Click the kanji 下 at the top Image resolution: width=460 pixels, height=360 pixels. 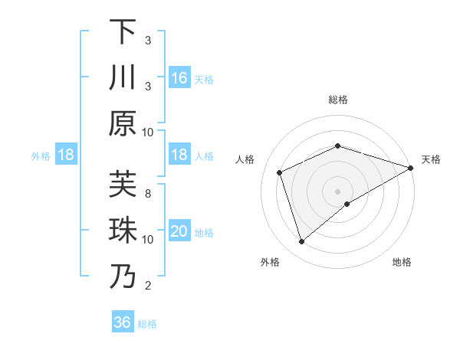click(123, 32)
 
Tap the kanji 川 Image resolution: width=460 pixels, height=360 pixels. click(123, 77)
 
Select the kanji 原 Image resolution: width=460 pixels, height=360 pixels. click(123, 123)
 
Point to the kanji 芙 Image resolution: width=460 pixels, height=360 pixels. click(123, 184)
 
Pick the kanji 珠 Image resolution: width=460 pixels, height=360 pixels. click(123, 230)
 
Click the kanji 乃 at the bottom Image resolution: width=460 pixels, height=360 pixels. click(123, 276)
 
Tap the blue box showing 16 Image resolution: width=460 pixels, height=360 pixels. click(179, 77)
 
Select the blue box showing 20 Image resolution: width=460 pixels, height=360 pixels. click(179, 231)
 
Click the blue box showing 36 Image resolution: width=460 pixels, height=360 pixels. click(123, 322)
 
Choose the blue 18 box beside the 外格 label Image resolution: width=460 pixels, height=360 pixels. click(67, 155)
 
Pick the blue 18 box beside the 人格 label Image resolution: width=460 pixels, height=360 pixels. click(179, 155)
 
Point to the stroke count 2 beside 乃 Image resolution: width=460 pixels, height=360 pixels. click(148, 286)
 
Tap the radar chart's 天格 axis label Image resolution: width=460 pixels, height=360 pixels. click(431, 159)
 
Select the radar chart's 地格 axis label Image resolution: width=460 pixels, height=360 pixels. click(402, 263)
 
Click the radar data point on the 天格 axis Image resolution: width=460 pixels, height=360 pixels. click(411, 167)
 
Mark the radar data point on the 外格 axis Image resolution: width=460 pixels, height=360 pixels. click(301, 242)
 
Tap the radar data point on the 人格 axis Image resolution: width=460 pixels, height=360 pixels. click(280, 172)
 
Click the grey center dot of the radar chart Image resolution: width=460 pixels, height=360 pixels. click(337, 191)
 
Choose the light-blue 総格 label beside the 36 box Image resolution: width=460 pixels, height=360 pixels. click(147, 323)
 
